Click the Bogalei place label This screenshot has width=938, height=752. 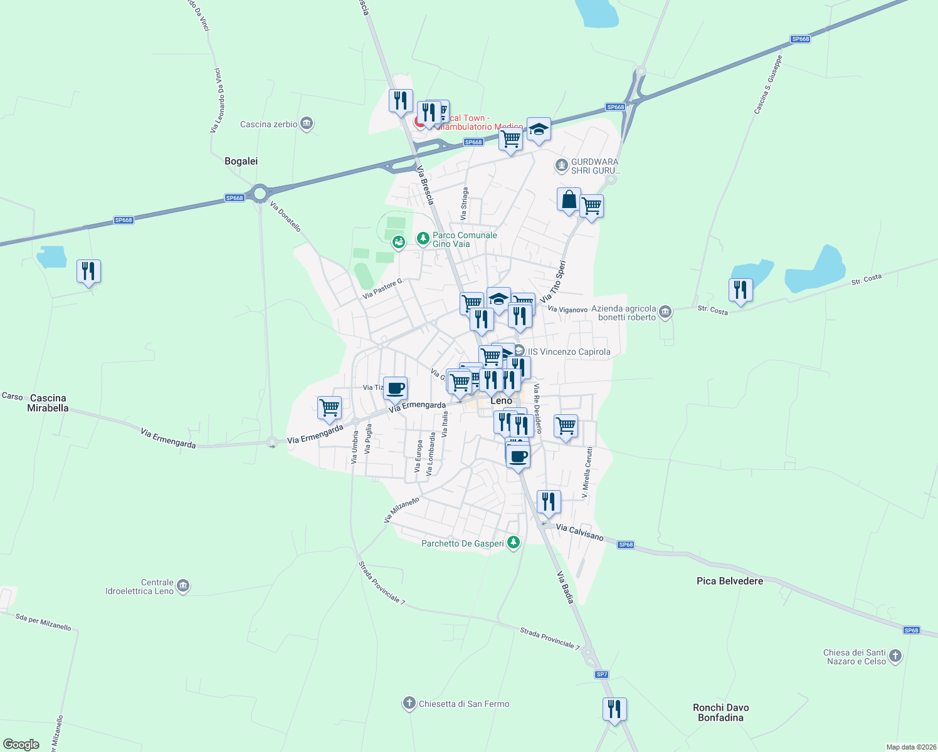[241, 161]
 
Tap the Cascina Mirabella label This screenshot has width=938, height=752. [48, 403]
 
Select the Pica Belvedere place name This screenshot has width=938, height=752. [730, 581]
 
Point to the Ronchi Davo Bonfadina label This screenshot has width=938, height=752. [720, 713]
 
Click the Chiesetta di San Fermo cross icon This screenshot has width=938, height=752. [409, 703]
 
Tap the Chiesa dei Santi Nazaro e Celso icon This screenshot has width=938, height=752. [895, 656]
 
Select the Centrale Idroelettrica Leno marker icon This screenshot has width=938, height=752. [183, 586]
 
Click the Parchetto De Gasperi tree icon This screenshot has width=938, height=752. [514, 543]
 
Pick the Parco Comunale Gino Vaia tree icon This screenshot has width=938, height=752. [423, 239]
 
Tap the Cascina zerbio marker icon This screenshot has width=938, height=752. [307, 123]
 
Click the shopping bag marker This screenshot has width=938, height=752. [569, 200]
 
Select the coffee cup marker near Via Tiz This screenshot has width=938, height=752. [395, 388]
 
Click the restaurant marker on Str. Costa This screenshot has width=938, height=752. [740, 290]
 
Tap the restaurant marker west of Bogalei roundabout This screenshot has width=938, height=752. [88, 271]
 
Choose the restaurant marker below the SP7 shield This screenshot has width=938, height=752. [614, 709]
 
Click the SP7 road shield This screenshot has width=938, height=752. [602, 674]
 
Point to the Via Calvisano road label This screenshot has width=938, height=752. [579, 532]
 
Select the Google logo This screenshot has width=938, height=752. [21, 744]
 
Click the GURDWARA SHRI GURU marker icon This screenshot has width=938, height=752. [562, 166]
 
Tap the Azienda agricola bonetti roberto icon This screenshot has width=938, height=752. [665, 311]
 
